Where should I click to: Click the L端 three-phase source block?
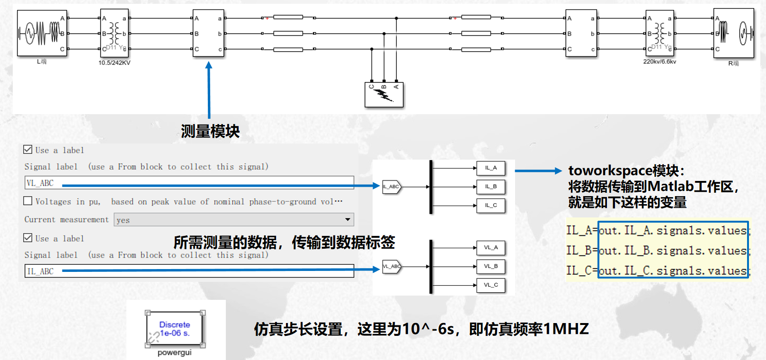coord(42,33)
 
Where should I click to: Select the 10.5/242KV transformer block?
coord(114,33)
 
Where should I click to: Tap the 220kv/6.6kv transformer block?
coord(659,33)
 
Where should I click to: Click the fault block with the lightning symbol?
coord(384,95)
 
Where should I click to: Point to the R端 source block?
coord(733,33)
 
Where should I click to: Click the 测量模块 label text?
coord(210,131)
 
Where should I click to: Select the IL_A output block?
coord(491,168)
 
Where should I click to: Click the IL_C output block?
coord(491,206)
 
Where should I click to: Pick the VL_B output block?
coord(491,266)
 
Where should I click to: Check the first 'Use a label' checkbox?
coord(28,150)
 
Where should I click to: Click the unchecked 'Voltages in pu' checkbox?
coord(28,201)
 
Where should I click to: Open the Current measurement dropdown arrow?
coord(347,220)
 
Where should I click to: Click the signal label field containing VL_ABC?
coord(189,183)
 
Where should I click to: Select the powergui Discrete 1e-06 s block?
coord(175,329)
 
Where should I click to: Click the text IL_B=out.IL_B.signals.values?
coord(658,251)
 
